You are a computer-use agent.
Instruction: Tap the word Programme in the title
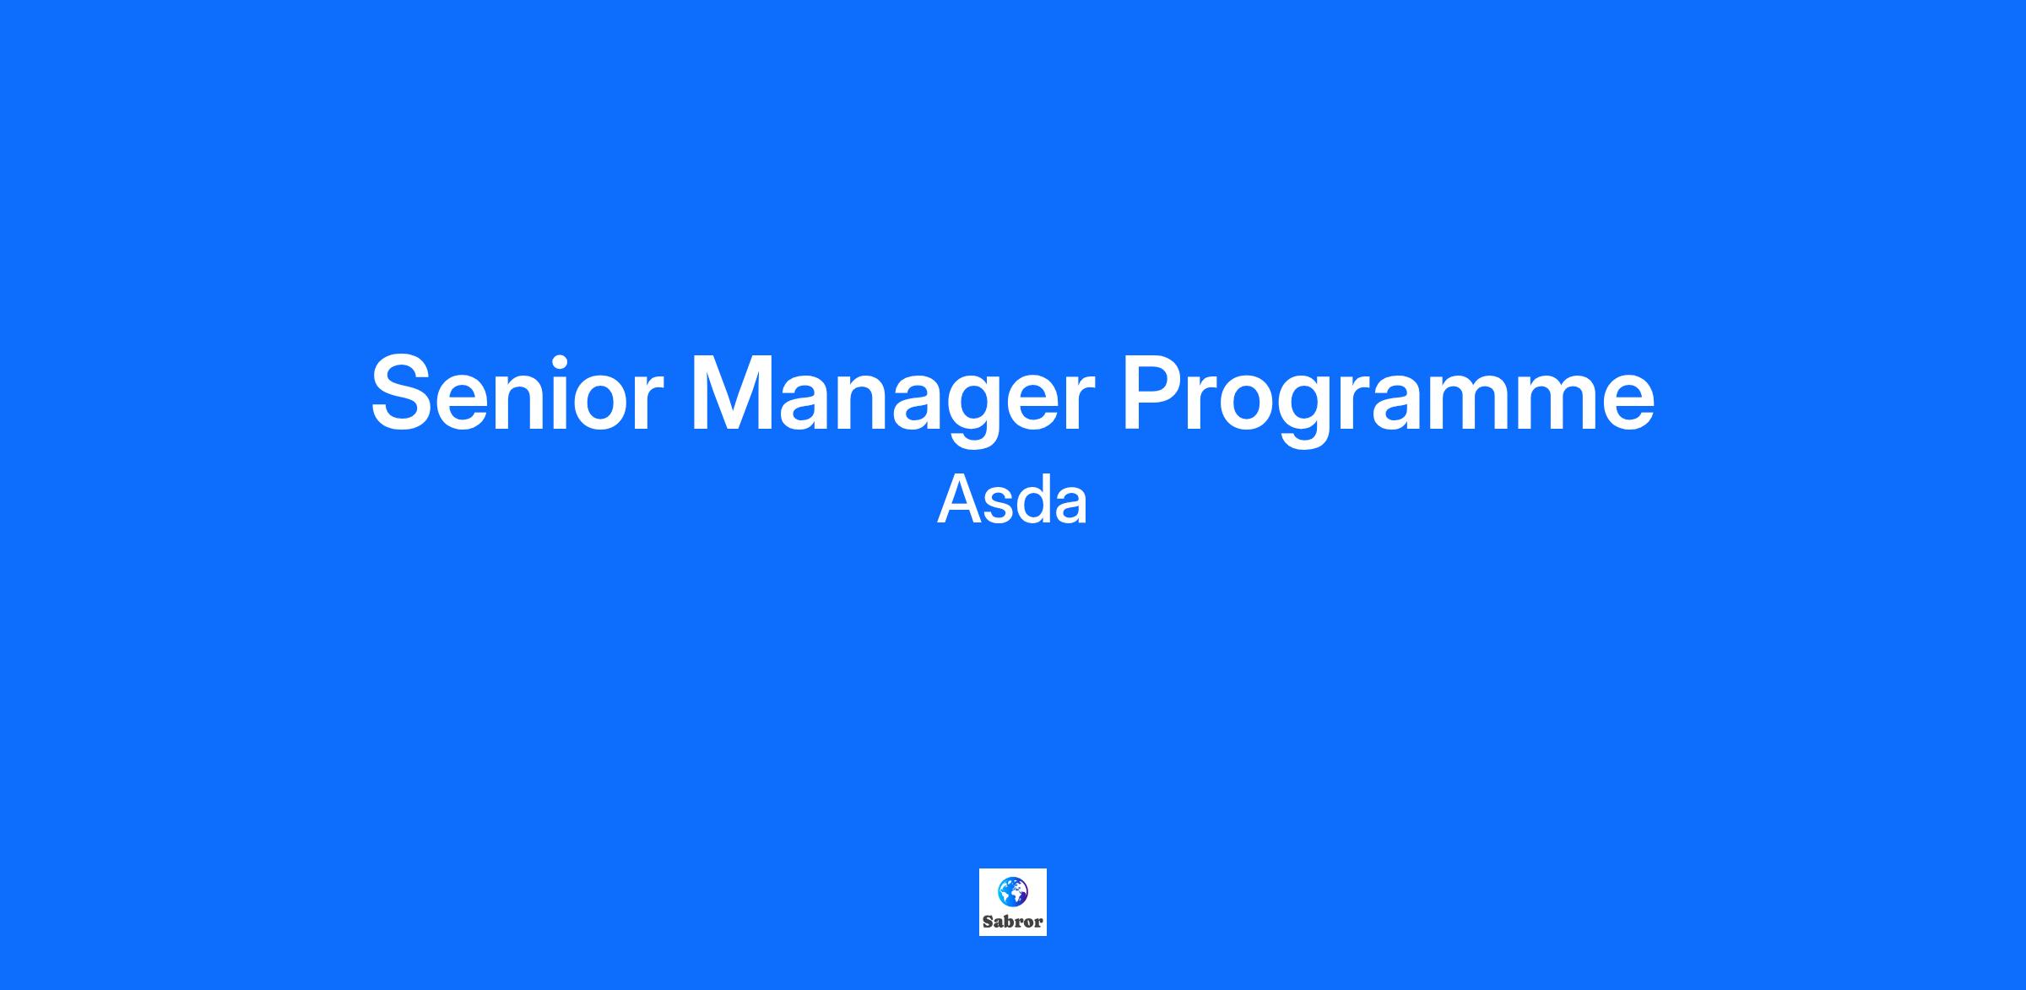point(1388,400)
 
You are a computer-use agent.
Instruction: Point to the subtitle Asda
point(1012,500)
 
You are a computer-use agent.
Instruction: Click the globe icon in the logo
point(1012,891)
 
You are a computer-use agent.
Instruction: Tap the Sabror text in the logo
point(1013,922)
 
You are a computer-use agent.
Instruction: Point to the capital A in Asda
point(960,500)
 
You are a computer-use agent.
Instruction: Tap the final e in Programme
point(1626,403)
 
